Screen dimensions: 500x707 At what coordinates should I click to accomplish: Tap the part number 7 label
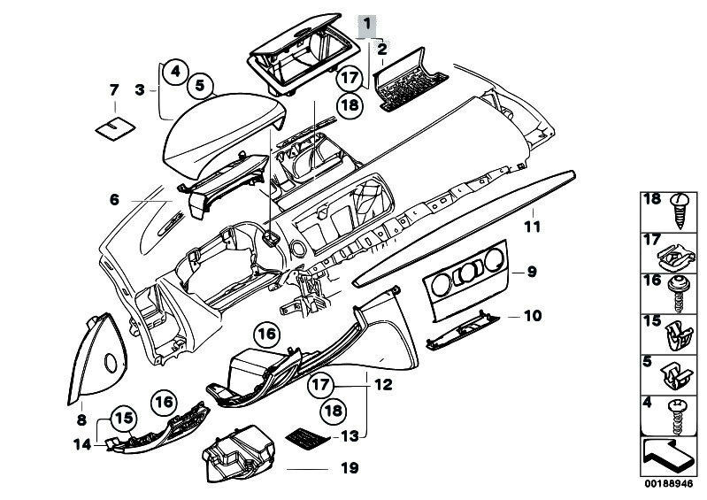pyautogui.click(x=113, y=89)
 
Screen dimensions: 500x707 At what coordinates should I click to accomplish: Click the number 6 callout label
pyautogui.click(x=113, y=200)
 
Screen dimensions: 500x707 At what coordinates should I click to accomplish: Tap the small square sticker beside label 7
pyautogui.click(x=112, y=128)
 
